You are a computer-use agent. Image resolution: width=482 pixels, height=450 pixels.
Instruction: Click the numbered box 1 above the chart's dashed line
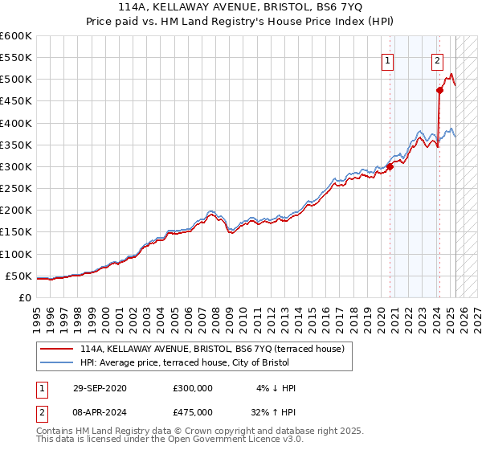pos(388,59)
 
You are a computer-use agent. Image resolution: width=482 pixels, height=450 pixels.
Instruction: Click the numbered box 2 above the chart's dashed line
pos(438,59)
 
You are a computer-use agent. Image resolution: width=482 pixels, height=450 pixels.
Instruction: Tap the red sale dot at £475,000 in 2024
pos(440,90)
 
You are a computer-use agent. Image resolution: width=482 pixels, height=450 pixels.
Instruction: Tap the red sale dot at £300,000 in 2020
pos(390,167)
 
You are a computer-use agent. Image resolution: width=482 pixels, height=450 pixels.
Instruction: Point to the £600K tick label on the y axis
pos(15,36)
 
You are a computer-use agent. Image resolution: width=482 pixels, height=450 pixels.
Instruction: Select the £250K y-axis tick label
pos(15,189)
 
